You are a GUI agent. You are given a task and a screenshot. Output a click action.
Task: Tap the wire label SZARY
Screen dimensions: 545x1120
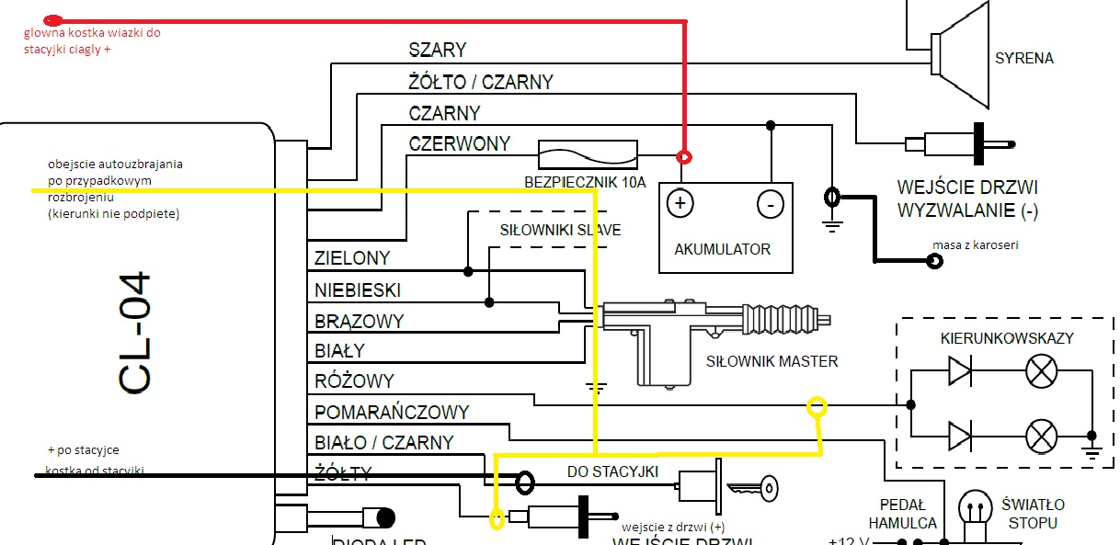click(438, 50)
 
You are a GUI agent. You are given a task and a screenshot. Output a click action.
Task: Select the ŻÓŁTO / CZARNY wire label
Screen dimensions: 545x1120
click(480, 82)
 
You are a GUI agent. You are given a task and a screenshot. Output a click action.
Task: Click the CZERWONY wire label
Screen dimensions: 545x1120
click(458, 143)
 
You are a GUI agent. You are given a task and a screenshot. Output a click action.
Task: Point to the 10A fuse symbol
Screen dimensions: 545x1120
click(587, 153)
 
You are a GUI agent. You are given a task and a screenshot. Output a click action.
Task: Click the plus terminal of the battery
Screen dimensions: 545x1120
click(680, 203)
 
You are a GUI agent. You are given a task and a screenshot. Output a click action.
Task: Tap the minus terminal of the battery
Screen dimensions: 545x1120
click(770, 203)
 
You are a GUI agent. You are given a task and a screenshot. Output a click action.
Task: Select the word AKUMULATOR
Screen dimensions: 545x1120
click(722, 249)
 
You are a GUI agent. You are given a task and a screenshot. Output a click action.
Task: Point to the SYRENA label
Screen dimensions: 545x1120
click(1024, 58)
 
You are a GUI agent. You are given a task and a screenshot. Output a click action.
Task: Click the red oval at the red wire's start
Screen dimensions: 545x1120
click(54, 19)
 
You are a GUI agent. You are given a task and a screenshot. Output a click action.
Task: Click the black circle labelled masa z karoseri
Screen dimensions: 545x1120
click(934, 261)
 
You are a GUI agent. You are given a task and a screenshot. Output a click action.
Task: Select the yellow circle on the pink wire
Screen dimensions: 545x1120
click(816, 405)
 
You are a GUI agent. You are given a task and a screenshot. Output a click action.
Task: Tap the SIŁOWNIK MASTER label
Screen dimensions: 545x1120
click(771, 361)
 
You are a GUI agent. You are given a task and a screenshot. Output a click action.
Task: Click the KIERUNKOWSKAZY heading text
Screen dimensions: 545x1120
click(1007, 338)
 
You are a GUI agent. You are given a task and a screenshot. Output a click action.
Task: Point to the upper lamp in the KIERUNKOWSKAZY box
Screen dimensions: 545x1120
click(1040, 372)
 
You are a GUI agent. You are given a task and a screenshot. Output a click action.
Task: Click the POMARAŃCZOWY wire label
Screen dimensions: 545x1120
click(392, 413)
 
